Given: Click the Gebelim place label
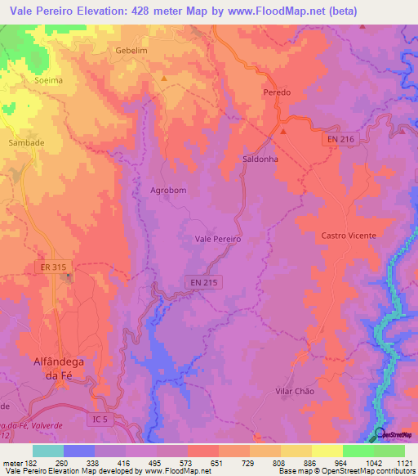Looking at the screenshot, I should pyautogui.click(x=130, y=50).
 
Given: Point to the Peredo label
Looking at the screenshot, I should pyautogui.click(x=277, y=93).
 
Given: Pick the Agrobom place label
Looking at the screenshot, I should pyautogui.click(x=169, y=191).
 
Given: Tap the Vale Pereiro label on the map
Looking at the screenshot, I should pyautogui.click(x=218, y=239).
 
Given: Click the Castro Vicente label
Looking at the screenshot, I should pyautogui.click(x=349, y=236).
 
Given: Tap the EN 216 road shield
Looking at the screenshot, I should pyautogui.click(x=337, y=140).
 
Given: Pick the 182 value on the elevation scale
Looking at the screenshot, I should pyautogui.click(x=30, y=464).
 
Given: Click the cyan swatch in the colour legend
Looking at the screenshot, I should pyautogui.click(x=48, y=451).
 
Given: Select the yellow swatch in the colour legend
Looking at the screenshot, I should pyautogui.click(x=327, y=451).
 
